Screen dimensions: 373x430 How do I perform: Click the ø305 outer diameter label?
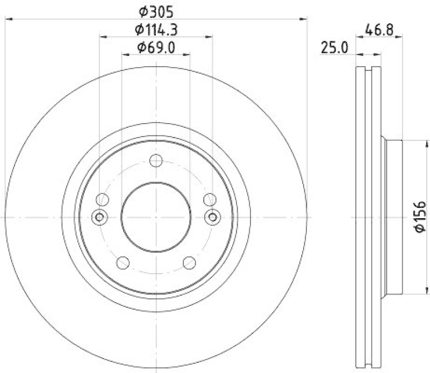coord(156,10)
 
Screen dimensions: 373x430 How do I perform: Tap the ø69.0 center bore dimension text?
coord(156,47)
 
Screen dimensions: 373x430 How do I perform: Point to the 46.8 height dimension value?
coord(378,30)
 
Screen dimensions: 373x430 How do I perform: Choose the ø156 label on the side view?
coord(420,217)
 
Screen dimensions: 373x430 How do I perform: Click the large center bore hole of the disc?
coord(156,217)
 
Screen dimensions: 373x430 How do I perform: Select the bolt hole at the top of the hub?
coord(156,160)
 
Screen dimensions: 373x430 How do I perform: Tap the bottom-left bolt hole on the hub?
coord(123,262)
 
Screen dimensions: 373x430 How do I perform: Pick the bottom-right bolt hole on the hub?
coord(189,262)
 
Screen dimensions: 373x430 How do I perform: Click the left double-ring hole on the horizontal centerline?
coord(99,217)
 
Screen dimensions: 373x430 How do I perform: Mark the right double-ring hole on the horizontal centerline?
coord(213,217)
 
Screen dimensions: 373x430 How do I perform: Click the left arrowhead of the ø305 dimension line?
coord(8,19)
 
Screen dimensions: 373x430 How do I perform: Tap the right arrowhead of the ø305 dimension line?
coord(306,19)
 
